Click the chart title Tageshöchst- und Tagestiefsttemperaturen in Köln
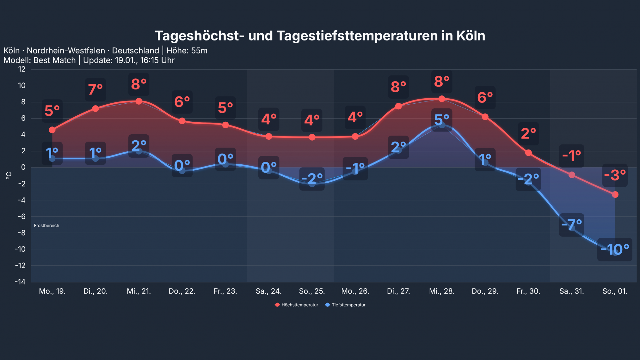coord(320,36)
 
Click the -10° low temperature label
coord(614,249)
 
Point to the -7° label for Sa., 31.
coord(571,225)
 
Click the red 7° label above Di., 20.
coord(95,89)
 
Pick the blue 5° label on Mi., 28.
coord(441,120)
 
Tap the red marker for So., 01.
coord(615,194)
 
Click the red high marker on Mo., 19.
coord(52,130)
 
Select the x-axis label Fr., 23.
coord(225,291)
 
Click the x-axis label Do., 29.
coord(485,291)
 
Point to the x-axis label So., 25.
coord(312,291)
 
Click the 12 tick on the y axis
coord(22,69)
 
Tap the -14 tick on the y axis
coord(20,282)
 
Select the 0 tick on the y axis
coord(23,167)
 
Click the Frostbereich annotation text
coord(46,225)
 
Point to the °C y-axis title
coord(9,175)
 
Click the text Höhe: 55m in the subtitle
coord(187,51)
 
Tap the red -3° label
coord(614,175)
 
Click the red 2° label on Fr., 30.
coord(528,133)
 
